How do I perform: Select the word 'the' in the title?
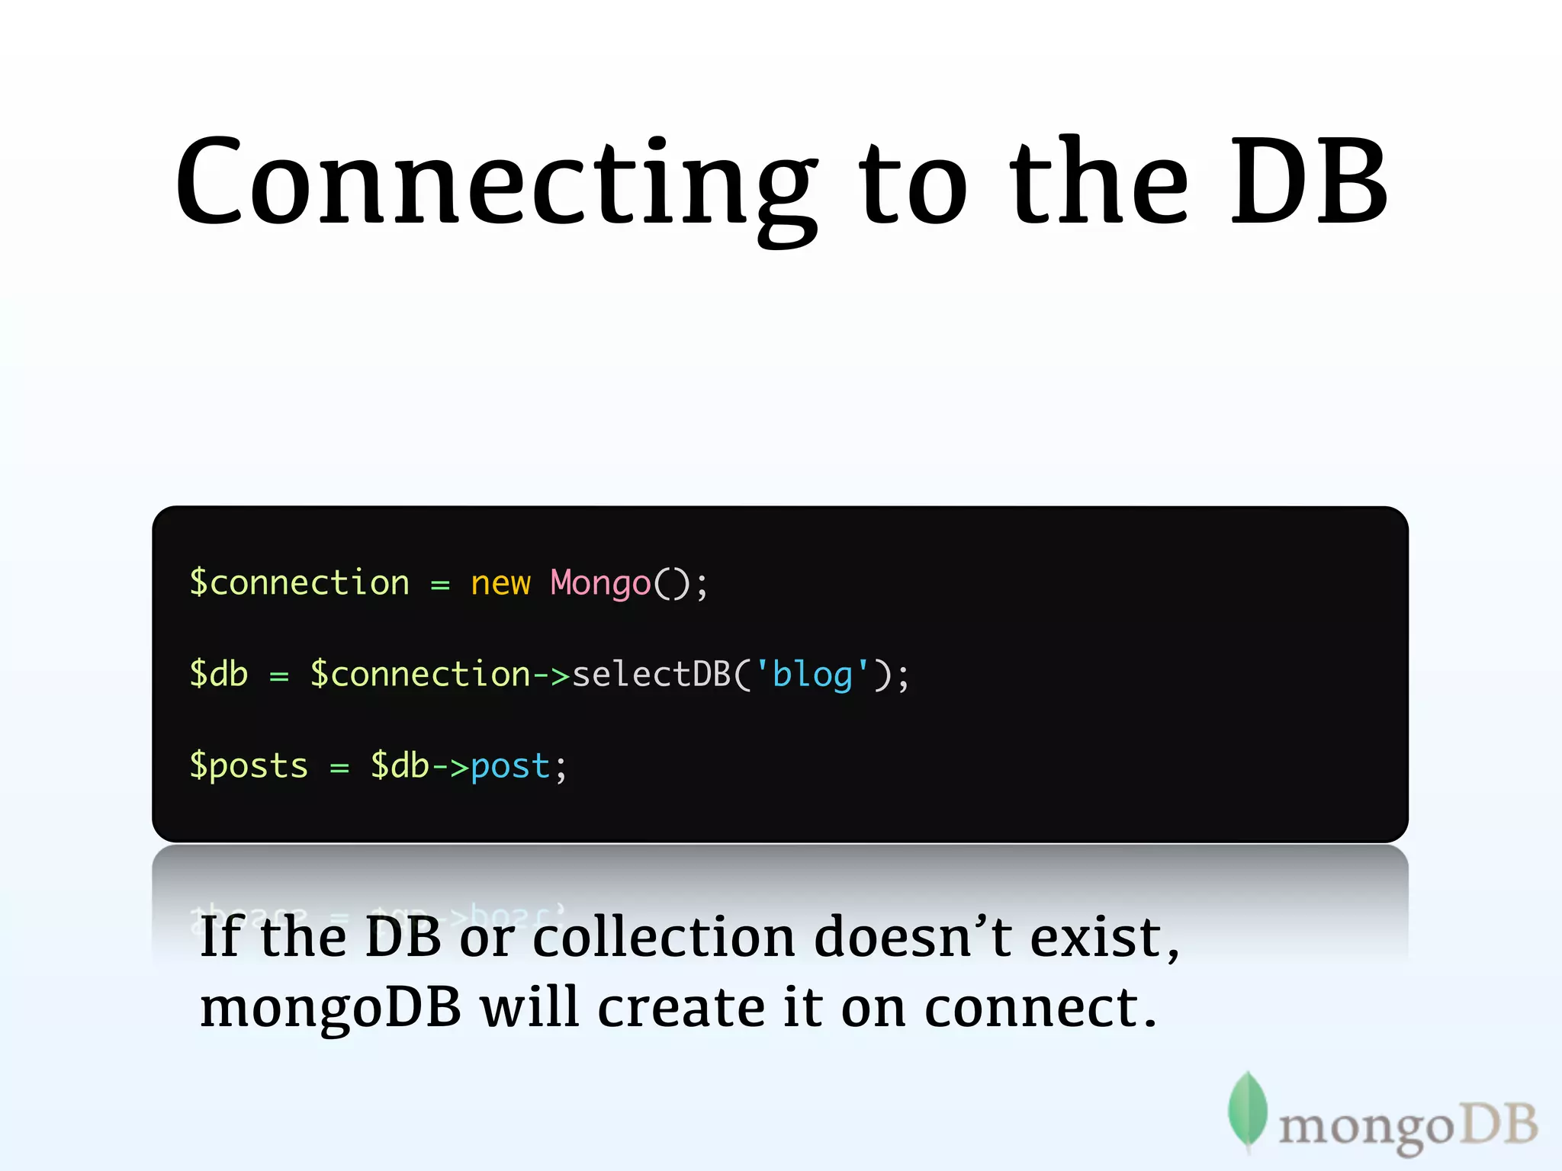point(1098,183)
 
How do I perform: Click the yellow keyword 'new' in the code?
point(500,584)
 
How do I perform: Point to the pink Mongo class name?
point(600,584)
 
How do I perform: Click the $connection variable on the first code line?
point(299,584)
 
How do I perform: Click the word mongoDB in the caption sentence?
point(330,1008)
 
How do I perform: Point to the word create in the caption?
point(681,1008)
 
